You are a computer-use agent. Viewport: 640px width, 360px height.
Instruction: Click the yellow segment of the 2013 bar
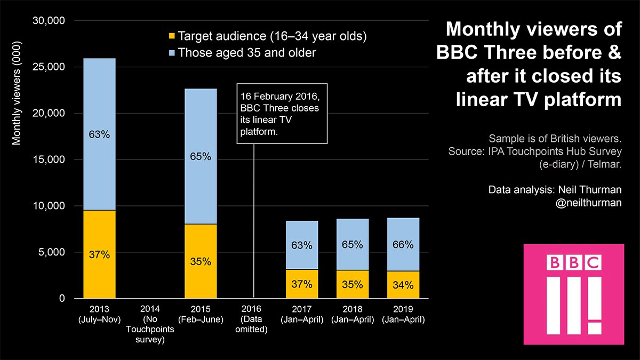[99, 254]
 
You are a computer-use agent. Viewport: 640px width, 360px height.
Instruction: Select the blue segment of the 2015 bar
[201, 156]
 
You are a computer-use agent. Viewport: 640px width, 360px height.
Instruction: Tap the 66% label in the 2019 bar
[403, 245]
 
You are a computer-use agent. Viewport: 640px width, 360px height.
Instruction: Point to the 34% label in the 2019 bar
[403, 285]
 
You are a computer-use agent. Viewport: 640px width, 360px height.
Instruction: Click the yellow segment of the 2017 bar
[302, 284]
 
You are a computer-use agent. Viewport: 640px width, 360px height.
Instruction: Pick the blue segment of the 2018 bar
[352, 245]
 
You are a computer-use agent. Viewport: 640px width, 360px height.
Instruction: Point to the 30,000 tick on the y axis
[49, 21]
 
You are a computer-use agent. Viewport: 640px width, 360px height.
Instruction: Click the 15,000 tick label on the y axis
[49, 159]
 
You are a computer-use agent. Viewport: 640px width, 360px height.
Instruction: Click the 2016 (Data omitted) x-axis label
[251, 319]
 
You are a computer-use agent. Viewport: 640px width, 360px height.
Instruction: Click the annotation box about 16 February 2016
[281, 114]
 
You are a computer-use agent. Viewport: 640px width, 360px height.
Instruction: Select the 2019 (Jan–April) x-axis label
[403, 314]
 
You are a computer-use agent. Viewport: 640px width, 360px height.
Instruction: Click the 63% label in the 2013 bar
[99, 135]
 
